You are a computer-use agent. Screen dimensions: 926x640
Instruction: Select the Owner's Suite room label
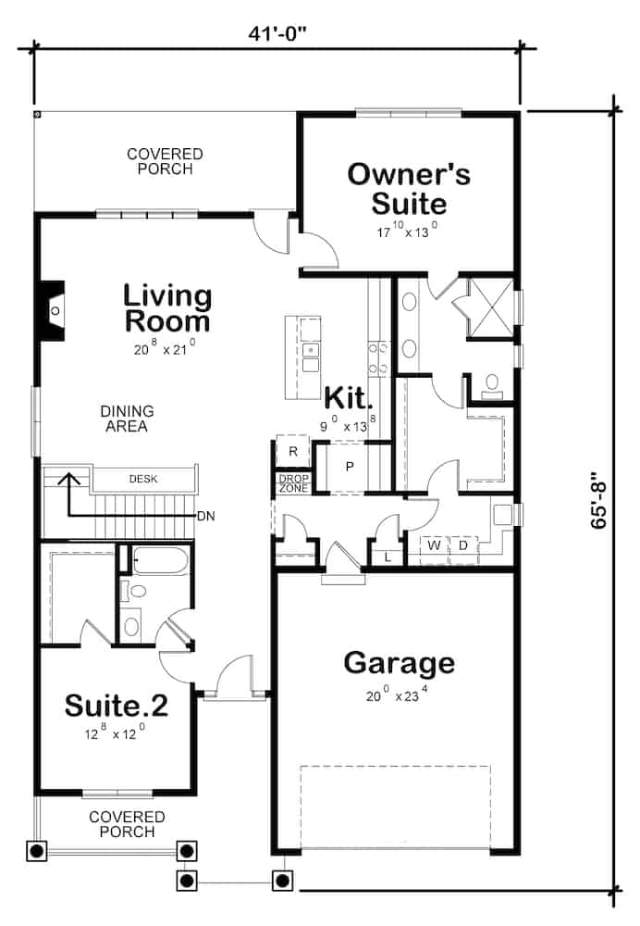(x=409, y=188)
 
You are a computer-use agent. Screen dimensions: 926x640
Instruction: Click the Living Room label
(x=167, y=308)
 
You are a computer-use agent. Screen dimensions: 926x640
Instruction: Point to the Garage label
(x=399, y=662)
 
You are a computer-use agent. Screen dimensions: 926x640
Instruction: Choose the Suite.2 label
(x=117, y=707)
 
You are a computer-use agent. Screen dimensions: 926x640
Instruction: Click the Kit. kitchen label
(x=349, y=400)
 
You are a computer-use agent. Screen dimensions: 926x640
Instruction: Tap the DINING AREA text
(x=128, y=419)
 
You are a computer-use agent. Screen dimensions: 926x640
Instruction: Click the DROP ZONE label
(x=292, y=482)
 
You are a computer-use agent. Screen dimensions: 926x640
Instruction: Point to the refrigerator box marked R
(x=292, y=452)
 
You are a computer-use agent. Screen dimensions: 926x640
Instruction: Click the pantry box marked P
(x=350, y=466)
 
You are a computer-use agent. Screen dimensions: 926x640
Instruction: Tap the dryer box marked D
(x=462, y=546)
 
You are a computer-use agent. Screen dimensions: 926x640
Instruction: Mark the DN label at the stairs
(x=205, y=516)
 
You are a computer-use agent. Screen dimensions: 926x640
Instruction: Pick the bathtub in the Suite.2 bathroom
(x=161, y=559)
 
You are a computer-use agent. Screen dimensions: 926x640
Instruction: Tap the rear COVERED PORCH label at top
(x=166, y=161)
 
